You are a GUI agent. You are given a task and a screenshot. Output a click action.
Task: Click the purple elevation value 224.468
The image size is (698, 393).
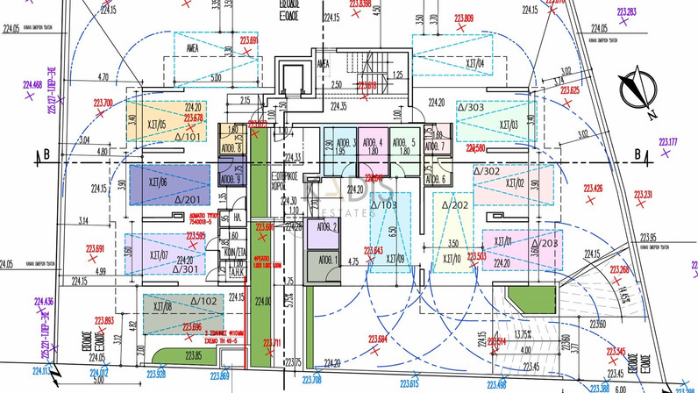pyautogui.click(x=32, y=85)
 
